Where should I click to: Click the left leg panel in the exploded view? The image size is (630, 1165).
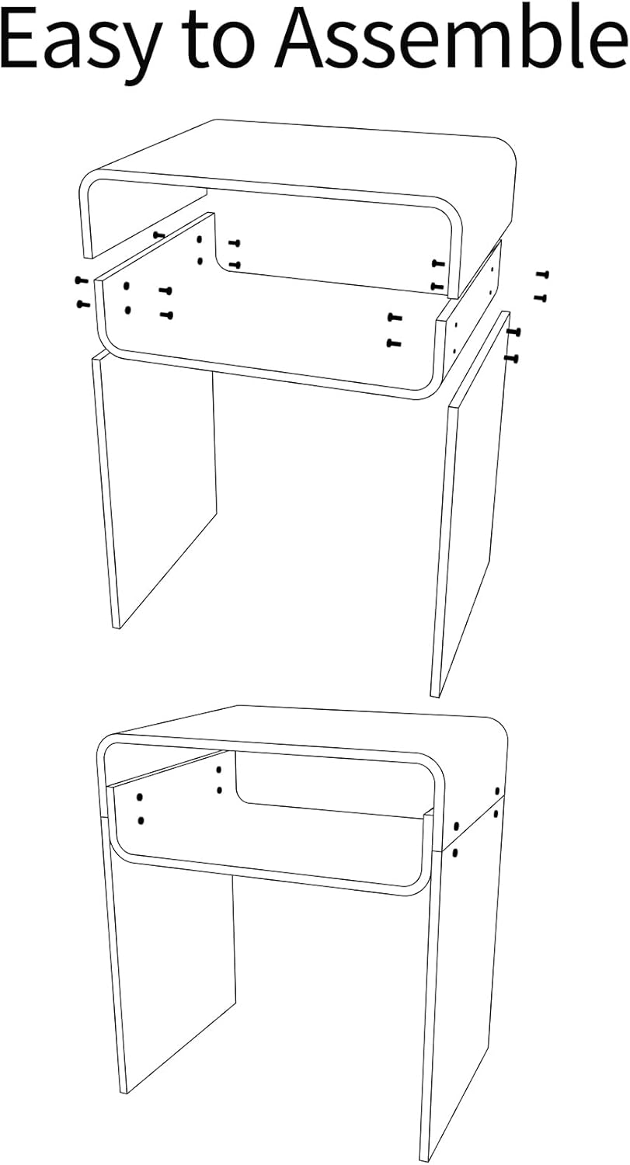pos(155,482)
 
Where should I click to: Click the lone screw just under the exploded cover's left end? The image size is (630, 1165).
pos(159,235)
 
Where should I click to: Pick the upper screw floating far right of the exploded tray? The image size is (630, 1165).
pos(541,274)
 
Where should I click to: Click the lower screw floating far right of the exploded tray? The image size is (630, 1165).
pos(541,297)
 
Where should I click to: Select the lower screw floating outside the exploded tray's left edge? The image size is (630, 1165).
pos(82,304)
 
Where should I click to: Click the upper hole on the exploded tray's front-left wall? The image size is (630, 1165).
pos(127,287)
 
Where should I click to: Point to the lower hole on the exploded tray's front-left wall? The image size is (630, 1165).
pos(127,310)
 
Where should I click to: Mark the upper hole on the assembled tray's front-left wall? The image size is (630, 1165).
pos(140,797)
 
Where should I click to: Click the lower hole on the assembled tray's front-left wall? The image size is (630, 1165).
pos(141,820)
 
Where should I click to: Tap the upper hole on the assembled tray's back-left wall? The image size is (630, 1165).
pos(219,770)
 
